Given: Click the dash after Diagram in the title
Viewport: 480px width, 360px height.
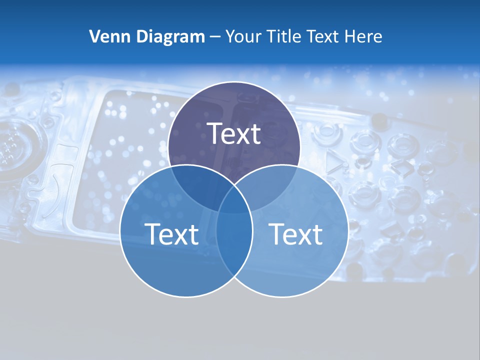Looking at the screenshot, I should [x=215, y=37].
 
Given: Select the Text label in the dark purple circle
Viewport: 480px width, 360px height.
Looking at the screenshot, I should [x=234, y=133].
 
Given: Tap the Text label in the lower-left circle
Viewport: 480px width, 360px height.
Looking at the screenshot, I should [x=171, y=234].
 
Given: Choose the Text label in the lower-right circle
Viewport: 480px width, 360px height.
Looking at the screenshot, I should [x=296, y=234].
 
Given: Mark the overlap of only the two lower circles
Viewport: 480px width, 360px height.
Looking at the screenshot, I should [x=234, y=245].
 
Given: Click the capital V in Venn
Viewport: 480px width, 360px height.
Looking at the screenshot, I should [x=94, y=36].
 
